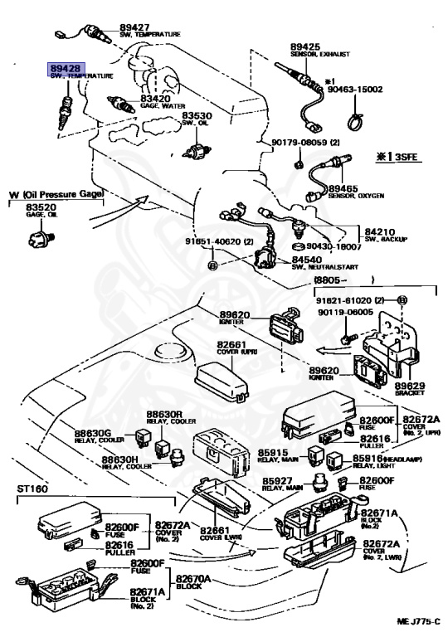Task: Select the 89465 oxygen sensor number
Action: coord(343,188)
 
